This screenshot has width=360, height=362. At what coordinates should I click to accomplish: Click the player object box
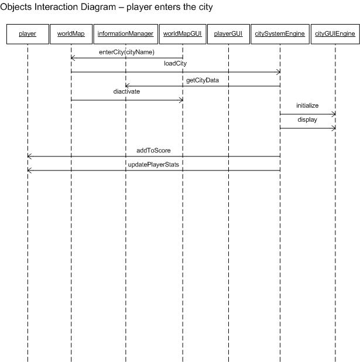click(28, 34)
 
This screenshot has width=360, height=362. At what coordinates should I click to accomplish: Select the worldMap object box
click(71, 34)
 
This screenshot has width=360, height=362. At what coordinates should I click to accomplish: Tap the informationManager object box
click(125, 34)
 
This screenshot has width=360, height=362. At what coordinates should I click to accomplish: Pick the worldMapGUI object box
click(183, 34)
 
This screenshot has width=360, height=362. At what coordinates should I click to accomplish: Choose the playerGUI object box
click(228, 34)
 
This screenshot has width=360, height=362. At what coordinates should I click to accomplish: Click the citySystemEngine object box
click(280, 34)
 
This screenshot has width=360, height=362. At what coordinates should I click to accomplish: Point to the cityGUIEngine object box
click(335, 34)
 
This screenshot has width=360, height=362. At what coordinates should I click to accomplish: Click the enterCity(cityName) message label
click(126, 52)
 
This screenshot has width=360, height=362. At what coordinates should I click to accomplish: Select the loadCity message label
click(176, 63)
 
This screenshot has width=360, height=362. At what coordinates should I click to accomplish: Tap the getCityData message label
click(203, 80)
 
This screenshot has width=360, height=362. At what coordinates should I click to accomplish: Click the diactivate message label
click(126, 91)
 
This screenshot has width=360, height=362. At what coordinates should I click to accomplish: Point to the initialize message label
click(307, 105)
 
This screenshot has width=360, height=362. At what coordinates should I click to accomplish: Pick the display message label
click(307, 120)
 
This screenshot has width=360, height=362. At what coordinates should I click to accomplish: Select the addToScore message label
click(153, 151)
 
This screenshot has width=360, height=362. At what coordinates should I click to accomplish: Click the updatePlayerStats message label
click(153, 165)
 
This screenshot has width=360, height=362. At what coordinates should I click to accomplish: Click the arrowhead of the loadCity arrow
click(279, 72)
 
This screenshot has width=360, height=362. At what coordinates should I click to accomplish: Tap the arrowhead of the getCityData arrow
click(127, 86)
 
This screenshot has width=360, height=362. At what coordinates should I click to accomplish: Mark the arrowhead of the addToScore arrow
click(29, 156)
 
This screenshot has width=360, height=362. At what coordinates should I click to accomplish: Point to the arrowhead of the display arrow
click(334, 128)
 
